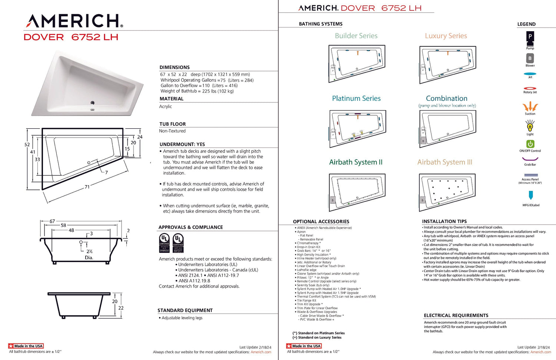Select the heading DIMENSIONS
[x=175, y=67]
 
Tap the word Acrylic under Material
[x=166, y=106]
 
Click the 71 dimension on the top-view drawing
[x=87, y=187]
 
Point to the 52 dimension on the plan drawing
[x=27, y=145]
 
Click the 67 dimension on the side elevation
[x=52, y=221]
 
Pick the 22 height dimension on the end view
[x=121, y=308]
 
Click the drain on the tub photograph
[x=92, y=103]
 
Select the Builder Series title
[x=356, y=36]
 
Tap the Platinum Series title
[x=356, y=99]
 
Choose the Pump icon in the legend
[x=530, y=37]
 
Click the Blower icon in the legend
[x=530, y=58]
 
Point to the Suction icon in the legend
[x=530, y=107]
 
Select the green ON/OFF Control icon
[x=530, y=144]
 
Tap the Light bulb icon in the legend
[x=530, y=127]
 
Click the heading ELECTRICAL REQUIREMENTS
[x=456, y=316]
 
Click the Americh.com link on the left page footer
[x=261, y=352]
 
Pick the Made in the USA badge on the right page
[x=304, y=346]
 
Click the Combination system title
[x=447, y=99]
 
